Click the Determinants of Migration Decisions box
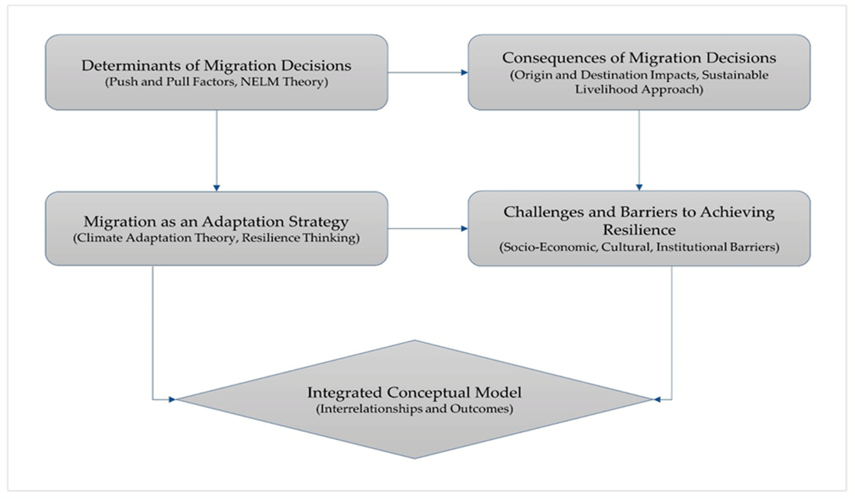pos(216,72)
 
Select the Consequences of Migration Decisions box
pos(638,72)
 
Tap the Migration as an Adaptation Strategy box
pos(216,228)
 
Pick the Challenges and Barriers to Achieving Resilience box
pos(638,228)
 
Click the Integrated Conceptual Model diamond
pos(414,399)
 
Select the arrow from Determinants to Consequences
pos(427,72)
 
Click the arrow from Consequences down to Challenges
pos(638,150)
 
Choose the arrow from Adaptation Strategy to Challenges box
pos(427,229)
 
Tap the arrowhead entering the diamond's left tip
pos(171,399)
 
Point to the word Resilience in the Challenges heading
pos(638,229)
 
